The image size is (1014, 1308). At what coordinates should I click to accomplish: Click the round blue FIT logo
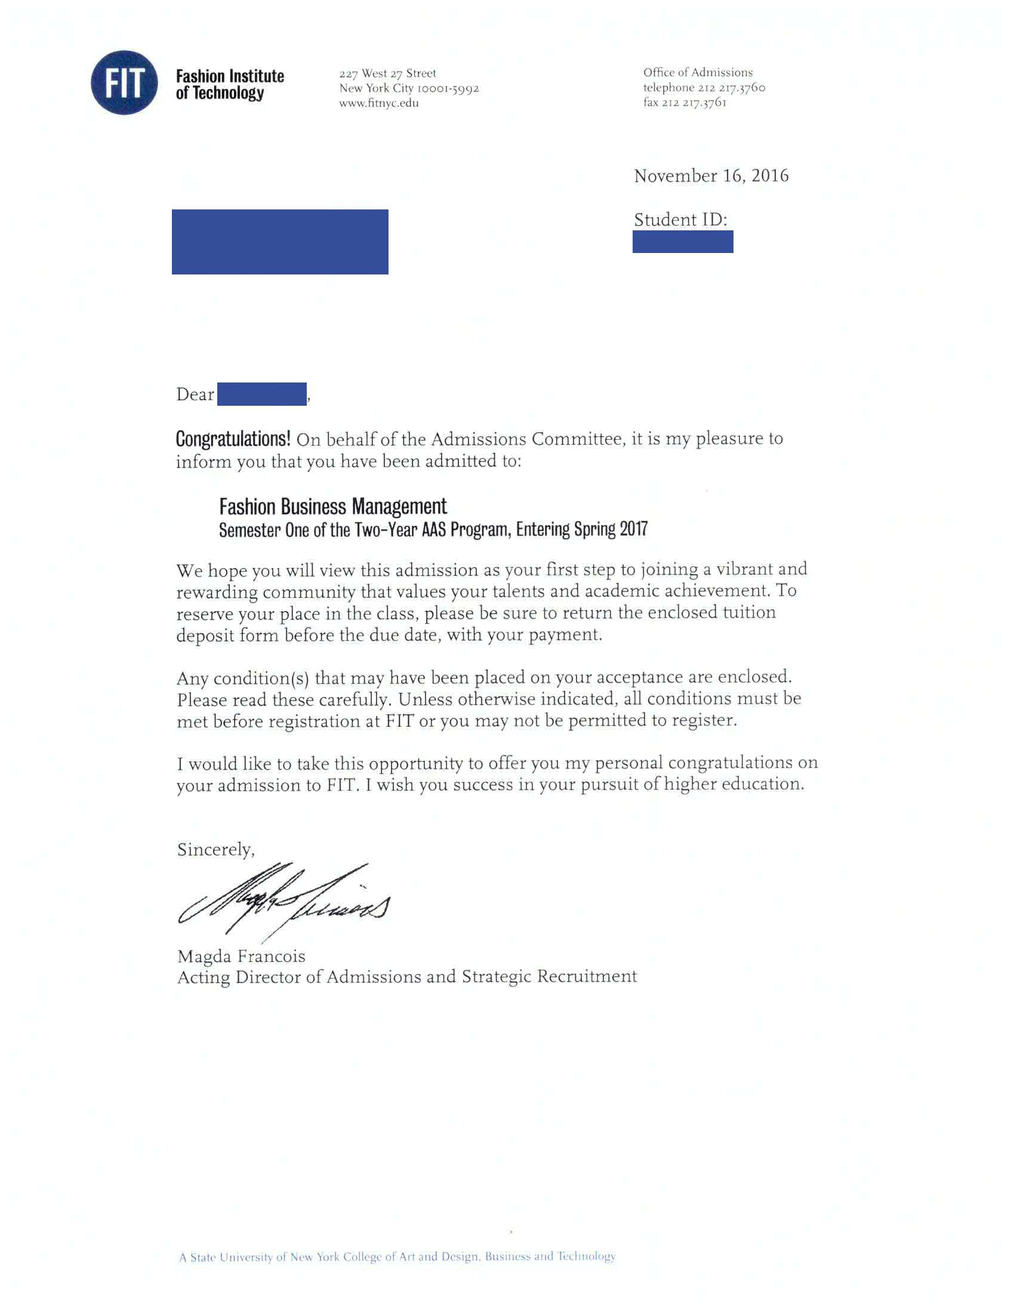[x=124, y=83]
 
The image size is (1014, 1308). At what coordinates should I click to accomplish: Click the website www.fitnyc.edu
[x=378, y=103]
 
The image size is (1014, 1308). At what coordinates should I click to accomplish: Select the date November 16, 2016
[x=711, y=175]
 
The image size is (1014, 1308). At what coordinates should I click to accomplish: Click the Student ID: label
[x=680, y=220]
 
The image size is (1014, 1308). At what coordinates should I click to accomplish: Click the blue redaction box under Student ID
[x=682, y=242]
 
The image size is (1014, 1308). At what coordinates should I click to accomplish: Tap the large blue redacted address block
[x=280, y=241]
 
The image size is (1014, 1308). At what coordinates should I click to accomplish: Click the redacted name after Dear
[x=262, y=394]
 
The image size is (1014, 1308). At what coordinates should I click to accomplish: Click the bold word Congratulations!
[x=233, y=439]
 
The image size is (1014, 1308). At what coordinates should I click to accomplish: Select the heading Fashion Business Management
[x=332, y=507]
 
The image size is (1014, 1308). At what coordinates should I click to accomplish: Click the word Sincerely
[x=215, y=849]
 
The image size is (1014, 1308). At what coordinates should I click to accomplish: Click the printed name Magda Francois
[x=241, y=956]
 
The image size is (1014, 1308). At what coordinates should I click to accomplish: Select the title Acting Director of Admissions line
[x=406, y=977]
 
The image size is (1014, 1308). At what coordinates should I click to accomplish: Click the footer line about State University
[x=396, y=1257]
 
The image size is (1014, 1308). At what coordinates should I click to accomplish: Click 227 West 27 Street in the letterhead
[x=387, y=73]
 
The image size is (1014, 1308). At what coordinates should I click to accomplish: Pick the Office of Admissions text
[x=698, y=72]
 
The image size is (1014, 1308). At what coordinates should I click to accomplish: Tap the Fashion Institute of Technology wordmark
[x=229, y=85]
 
